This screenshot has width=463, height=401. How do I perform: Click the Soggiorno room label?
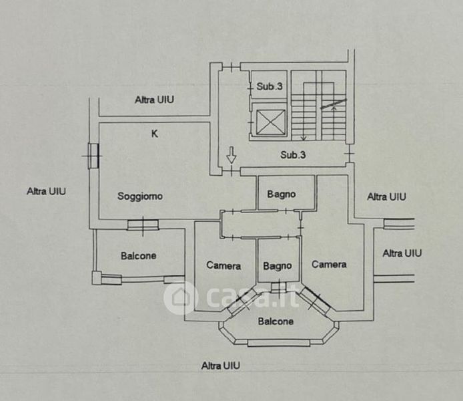[x=140, y=196]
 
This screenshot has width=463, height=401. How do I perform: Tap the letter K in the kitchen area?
[x=154, y=134]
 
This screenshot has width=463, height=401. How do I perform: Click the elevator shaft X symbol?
[x=271, y=122]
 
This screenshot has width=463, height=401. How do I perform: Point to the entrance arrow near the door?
[x=232, y=154]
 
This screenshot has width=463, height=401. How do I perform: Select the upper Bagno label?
[x=282, y=194]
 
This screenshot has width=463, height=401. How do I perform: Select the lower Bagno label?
[x=278, y=266]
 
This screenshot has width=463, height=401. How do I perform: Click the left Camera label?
[x=223, y=265]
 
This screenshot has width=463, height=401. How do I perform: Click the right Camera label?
[x=329, y=265]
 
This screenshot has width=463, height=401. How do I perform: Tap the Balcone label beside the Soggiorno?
[x=139, y=256]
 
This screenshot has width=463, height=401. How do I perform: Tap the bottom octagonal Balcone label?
[x=276, y=321]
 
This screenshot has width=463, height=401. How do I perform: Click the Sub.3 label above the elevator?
[x=270, y=86]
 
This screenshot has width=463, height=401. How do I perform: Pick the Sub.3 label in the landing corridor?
[x=293, y=154]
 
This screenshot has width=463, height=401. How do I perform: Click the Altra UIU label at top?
[x=154, y=100]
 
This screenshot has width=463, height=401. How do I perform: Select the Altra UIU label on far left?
[x=46, y=191]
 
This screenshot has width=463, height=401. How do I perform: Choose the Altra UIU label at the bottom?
[x=221, y=366]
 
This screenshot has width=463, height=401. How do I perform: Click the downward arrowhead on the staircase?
[x=304, y=138]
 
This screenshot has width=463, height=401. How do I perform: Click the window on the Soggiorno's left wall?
[x=93, y=156]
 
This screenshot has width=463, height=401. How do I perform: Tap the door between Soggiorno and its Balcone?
[x=143, y=225]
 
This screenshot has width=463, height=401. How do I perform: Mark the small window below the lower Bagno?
[x=278, y=287]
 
